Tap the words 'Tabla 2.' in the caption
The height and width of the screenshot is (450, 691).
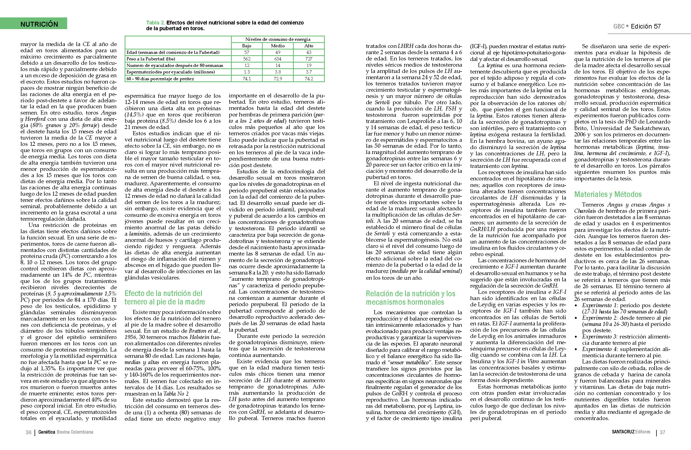coord(155,23)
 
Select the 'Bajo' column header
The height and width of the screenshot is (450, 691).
coord(246,46)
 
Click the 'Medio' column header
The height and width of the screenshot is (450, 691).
coord(277,46)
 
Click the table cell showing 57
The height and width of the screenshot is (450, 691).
coord(246,52)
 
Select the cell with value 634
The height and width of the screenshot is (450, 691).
coord(277,59)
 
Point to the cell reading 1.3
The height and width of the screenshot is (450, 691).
coord(246,72)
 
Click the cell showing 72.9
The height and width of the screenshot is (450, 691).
coord(277,79)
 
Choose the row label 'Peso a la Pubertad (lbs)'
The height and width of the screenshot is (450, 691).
coord(151,59)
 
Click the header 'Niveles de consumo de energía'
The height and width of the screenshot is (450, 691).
coord(277,39)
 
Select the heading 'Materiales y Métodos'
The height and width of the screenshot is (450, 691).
coord(607,194)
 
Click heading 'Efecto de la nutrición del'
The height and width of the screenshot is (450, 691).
coord(163,293)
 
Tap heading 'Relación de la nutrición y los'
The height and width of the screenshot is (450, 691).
coord(410,294)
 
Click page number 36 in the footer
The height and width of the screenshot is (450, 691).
coord(29,432)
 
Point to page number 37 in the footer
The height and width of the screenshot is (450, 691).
coord(662,432)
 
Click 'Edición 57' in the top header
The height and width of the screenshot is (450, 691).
coord(646,26)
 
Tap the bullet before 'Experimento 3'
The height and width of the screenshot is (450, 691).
coord(576,337)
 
